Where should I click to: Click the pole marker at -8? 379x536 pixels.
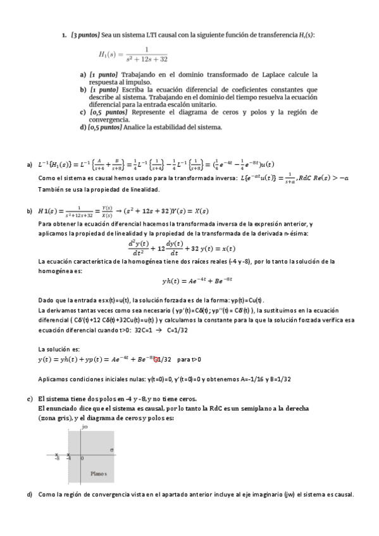tap(57, 454)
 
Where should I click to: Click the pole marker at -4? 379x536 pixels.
tap(69, 454)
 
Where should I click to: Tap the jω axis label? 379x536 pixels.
tap(84, 428)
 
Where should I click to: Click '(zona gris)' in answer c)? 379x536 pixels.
tap(55, 418)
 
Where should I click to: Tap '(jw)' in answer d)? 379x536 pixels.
tap(290, 494)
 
